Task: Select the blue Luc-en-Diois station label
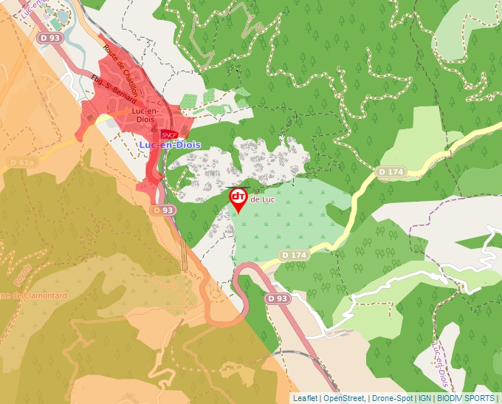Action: pyautogui.click(x=168, y=145)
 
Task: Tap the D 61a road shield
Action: pyautogui.click(x=22, y=162)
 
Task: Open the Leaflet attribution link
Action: pyautogui.click(x=305, y=398)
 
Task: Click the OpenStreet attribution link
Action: pyautogui.click(x=344, y=398)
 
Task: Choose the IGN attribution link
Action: pyautogui.click(x=425, y=398)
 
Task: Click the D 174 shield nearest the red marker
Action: pyautogui.click(x=294, y=255)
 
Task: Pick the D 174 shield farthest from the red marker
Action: pyautogui.click(x=391, y=171)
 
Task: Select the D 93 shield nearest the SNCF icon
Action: pyautogui.click(x=163, y=210)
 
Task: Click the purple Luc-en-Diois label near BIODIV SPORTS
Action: pyautogui.click(x=439, y=366)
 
